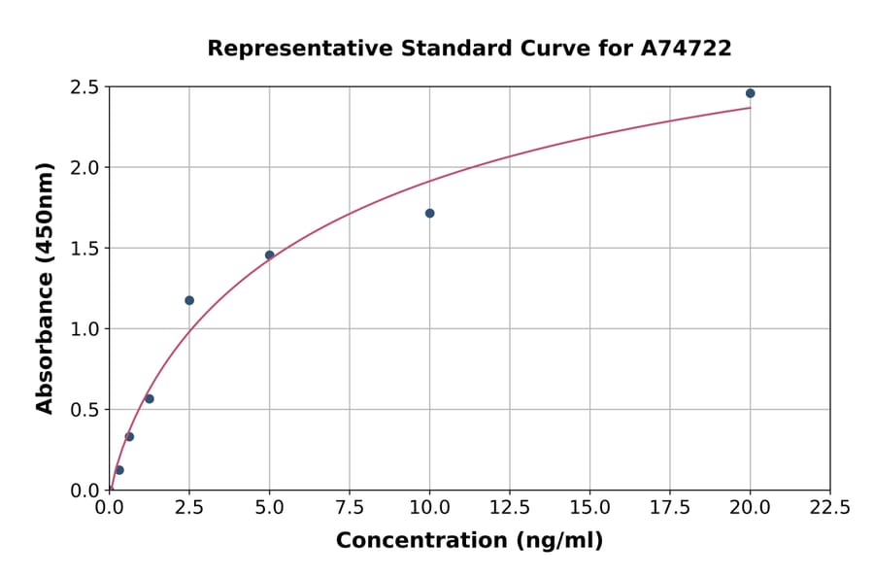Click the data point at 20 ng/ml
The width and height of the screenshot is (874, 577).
(750, 93)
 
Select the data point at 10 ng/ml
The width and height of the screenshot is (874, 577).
(429, 213)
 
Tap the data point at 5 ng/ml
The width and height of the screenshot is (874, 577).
(270, 255)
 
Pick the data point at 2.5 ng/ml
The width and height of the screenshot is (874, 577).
(189, 300)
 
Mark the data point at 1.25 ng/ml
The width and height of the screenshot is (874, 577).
(150, 398)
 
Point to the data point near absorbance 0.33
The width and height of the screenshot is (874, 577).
(129, 436)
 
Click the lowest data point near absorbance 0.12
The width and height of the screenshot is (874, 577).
(119, 470)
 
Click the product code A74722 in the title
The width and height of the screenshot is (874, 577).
(686, 48)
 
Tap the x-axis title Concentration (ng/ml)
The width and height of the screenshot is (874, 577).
(469, 541)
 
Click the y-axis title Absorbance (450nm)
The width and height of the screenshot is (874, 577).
(45, 288)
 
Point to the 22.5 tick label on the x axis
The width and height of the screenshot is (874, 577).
(829, 507)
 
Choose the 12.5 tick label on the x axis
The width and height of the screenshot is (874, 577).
(510, 507)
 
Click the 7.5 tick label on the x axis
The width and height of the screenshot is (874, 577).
(350, 507)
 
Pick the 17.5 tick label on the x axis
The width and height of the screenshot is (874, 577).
(670, 507)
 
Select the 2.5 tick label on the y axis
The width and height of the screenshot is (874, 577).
(84, 87)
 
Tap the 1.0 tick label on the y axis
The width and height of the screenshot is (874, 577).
(84, 328)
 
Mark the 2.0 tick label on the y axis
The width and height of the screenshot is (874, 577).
(84, 168)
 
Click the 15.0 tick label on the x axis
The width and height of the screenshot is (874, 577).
(589, 507)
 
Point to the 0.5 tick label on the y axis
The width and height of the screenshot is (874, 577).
(84, 409)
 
